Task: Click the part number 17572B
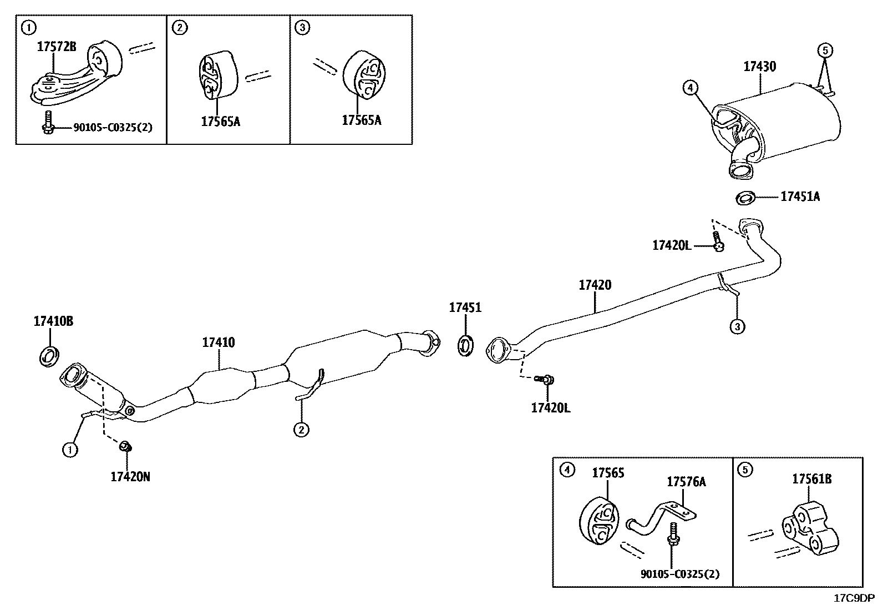[57, 47]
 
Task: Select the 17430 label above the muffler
[759, 67]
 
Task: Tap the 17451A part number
[800, 196]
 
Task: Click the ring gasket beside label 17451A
[745, 197]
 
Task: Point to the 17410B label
[53, 321]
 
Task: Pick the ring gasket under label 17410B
[50, 355]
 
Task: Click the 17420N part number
[130, 476]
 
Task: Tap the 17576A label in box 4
[686, 482]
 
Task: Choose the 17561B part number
[811, 479]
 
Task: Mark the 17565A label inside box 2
[221, 121]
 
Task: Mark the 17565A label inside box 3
[362, 120]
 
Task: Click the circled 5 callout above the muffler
[824, 51]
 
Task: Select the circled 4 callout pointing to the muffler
[689, 87]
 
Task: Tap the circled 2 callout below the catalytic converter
[301, 429]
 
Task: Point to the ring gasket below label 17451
[465, 345]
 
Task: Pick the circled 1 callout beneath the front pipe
[70, 450]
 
